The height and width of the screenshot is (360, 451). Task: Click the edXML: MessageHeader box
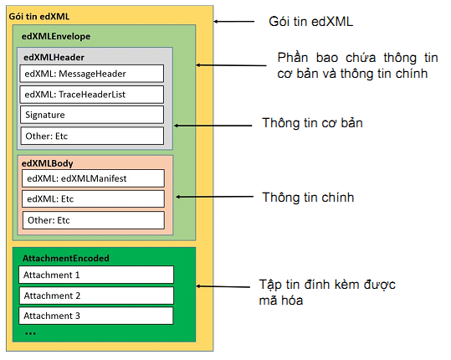[92, 73]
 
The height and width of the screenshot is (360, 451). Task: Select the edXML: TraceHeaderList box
[92, 94]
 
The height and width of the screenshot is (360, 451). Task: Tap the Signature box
[92, 115]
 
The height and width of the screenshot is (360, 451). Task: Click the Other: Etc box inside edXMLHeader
[92, 136]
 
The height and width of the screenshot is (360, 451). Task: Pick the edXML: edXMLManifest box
[92, 177]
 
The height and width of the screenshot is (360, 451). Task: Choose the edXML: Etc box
[92, 199]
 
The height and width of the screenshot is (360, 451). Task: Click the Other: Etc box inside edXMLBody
[92, 220]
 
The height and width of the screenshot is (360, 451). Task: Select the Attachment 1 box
[95, 275]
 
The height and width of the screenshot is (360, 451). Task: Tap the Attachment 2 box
[95, 296]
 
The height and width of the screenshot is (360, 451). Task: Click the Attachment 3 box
[95, 316]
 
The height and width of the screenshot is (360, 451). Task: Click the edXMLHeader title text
[54, 58]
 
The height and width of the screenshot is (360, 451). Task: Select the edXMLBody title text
[49, 164]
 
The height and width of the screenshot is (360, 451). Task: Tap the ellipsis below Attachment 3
[30, 332]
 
